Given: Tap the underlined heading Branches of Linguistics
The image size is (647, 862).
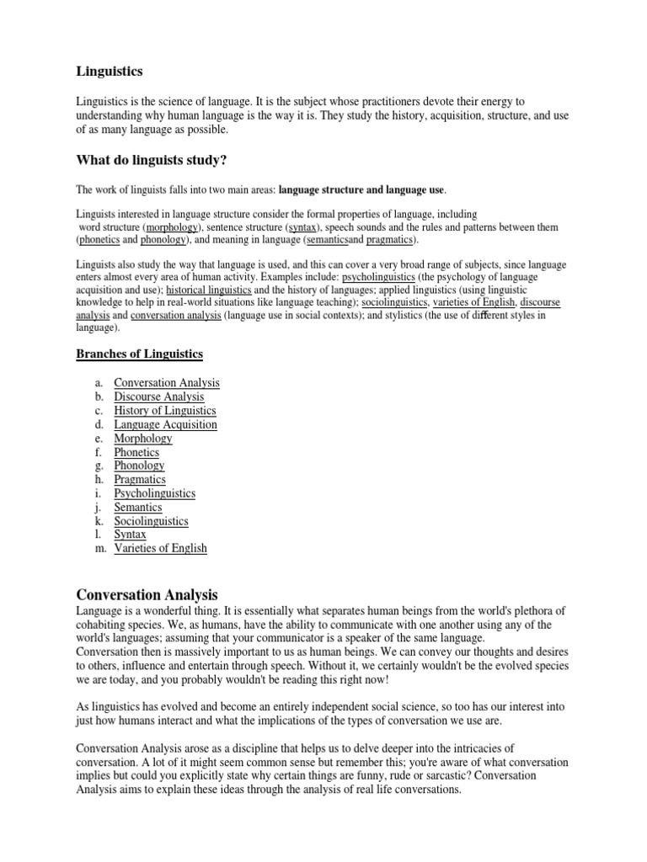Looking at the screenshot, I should coord(139,353).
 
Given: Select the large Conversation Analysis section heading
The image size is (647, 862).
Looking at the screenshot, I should coord(147,594).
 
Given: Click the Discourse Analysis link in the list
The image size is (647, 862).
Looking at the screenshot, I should coord(159,396).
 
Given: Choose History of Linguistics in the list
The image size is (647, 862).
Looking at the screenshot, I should coord(165,411).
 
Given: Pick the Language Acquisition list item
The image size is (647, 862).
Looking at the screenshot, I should coord(165,424).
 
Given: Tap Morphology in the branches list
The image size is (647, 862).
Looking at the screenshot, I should coord(143,438).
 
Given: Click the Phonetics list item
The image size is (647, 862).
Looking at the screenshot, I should coord(136,452).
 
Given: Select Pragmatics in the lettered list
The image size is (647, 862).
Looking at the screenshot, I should coord(140,479).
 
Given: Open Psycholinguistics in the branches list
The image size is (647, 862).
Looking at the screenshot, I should coord(155,493).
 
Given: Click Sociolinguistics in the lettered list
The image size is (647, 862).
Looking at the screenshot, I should coord(152,521).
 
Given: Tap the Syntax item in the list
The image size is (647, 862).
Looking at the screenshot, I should coord(131,535).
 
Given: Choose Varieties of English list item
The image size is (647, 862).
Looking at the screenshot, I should coord(160,548).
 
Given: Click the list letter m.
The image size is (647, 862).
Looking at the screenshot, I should coord(99,548).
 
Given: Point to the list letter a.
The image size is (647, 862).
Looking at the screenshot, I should coord(99,383).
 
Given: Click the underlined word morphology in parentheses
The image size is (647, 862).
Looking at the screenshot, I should coord(173,228).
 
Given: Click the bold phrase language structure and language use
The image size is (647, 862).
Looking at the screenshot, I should coord(361,190).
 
